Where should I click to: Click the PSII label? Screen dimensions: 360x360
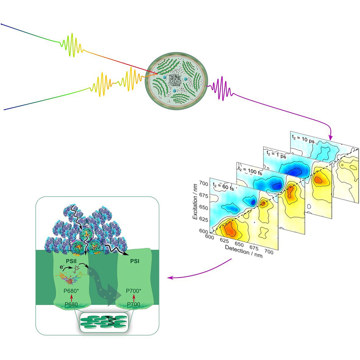tap(71, 261)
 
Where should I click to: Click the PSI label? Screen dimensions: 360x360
tap(135, 261)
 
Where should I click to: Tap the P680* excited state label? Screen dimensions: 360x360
tap(71, 291)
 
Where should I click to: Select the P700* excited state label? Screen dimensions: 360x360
tap(134, 291)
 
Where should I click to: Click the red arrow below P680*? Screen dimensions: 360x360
tap(72, 298)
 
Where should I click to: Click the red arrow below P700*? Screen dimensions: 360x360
tap(134, 298)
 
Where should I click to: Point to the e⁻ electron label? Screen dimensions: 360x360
tap(61, 267)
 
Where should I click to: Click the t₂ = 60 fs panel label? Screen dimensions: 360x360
tap(223, 186)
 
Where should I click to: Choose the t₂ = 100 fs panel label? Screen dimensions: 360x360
tap(250, 171)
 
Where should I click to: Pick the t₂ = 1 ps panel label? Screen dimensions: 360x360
tap(277, 154)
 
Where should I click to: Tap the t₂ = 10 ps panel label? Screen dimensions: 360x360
tap(303, 139)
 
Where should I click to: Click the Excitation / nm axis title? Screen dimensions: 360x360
tap(195, 202)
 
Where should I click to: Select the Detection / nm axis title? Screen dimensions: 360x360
tap(244, 251)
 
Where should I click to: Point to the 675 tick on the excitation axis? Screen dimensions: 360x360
tap(203, 196)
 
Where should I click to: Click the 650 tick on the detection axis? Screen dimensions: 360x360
tap(239, 244)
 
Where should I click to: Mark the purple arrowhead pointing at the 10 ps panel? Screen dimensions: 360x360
tap(330, 138)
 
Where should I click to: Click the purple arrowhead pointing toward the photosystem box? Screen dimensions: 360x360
tap(170, 278)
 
